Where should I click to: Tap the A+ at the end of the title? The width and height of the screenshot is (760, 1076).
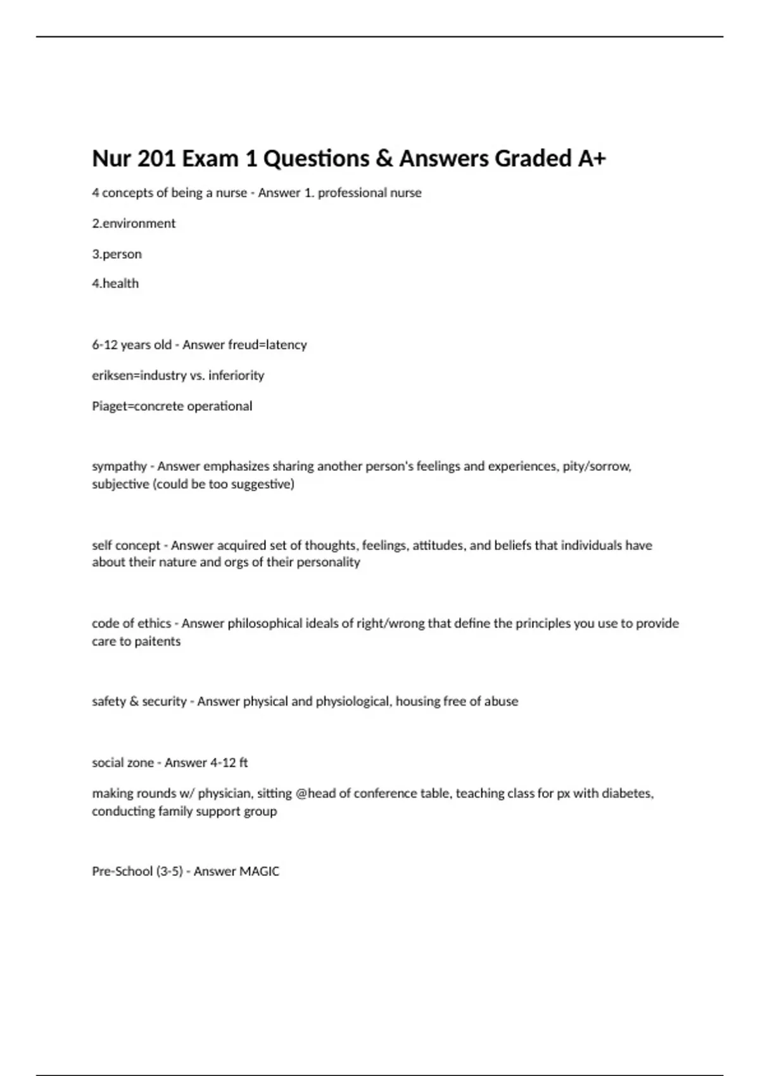[592, 158]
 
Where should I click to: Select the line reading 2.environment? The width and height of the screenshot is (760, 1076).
[134, 223]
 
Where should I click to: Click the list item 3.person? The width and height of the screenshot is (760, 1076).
[117, 254]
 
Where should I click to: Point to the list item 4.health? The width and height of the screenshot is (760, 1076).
[115, 284]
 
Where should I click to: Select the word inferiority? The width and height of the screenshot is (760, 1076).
[236, 375]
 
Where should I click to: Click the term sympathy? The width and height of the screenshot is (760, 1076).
[119, 466]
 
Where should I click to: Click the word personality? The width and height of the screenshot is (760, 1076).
[329, 562]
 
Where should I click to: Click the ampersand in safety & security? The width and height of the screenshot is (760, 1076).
[134, 701]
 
